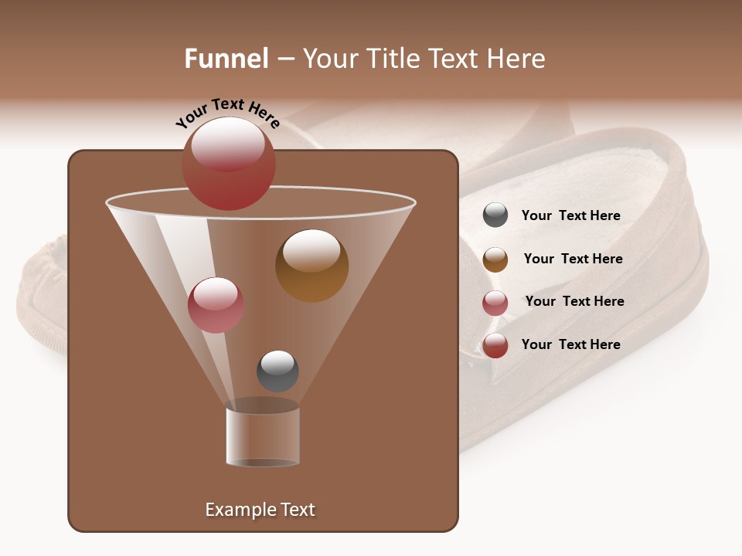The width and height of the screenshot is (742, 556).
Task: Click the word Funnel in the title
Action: click(226, 59)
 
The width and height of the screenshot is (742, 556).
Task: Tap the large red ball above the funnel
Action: click(228, 163)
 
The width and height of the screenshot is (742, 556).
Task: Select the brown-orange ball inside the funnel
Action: click(311, 265)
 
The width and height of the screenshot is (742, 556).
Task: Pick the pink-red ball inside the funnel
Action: click(216, 304)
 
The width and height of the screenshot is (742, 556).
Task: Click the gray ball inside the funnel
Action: click(277, 371)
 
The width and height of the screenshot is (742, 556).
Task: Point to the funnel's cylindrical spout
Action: click(263, 437)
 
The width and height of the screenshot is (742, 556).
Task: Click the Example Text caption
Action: click(260, 510)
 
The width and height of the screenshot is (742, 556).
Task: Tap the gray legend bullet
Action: click(495, 215)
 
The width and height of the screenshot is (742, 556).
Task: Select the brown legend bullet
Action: click(495, 259)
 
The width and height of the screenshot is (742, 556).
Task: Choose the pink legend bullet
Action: click(495, 303)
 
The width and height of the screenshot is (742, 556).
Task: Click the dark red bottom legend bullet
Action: click(495, 345)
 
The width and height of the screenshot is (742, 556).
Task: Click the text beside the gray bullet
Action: click(570, 216)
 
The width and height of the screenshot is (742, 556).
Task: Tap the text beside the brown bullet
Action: click(573, 259)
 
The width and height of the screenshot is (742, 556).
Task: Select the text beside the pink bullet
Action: click(574, 301)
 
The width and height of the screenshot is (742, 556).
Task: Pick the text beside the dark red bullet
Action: click(570, 344)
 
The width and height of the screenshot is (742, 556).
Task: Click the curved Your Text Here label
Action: click(227, 111)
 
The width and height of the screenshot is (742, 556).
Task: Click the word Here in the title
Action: click(516, 59)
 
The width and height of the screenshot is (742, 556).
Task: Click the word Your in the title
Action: click(330, 59)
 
